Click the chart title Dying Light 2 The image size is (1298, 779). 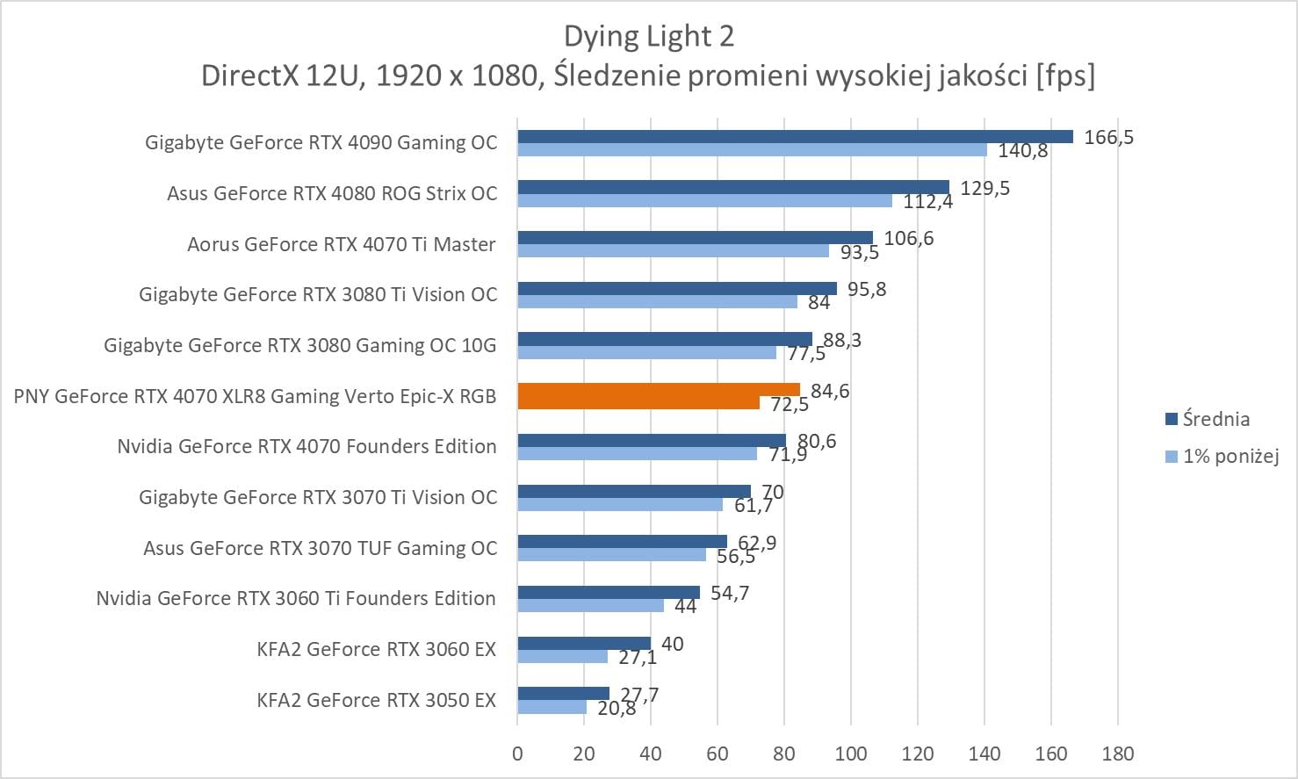point(648,36)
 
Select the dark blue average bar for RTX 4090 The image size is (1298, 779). point(795,136)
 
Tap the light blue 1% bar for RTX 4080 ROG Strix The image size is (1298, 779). point(704,200)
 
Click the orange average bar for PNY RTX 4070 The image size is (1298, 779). point(659,389)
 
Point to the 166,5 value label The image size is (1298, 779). point(1108,137)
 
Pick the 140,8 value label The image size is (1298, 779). point(1022,151)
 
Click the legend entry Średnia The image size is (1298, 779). point(1215,419)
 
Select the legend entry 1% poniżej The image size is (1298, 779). point(1230,456)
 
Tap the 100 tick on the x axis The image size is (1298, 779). point(851,754)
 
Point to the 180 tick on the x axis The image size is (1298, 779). point(1117,754)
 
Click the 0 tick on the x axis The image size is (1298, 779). point(517,754)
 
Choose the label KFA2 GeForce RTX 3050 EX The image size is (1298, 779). point(376,700)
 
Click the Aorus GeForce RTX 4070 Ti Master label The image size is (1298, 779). point(341,244)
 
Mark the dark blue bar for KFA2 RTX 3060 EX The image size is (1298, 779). point(584,644)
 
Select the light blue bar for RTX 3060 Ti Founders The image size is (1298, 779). point(590,605)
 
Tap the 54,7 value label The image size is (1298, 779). point(729,594)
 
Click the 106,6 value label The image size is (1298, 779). point(908,239)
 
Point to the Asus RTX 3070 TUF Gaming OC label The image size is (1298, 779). point(320,548)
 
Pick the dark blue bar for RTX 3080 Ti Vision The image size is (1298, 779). point(677,288)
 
